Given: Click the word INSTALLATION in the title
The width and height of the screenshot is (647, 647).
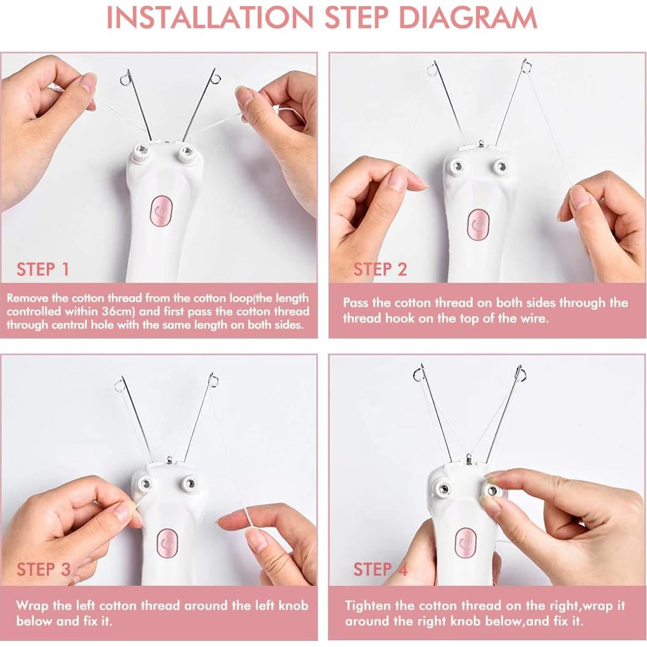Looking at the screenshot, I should point(210,18).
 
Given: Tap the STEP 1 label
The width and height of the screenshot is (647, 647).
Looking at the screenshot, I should point(43,269).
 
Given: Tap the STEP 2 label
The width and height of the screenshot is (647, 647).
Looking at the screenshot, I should point(380,269).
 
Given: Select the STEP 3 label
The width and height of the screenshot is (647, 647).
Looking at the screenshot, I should point(43,569).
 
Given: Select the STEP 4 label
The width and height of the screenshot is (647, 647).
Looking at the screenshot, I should point(380,569).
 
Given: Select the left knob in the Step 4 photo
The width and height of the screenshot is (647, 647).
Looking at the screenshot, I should point(444,489).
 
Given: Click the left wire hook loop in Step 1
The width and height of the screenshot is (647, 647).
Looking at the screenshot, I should point(125,80).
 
